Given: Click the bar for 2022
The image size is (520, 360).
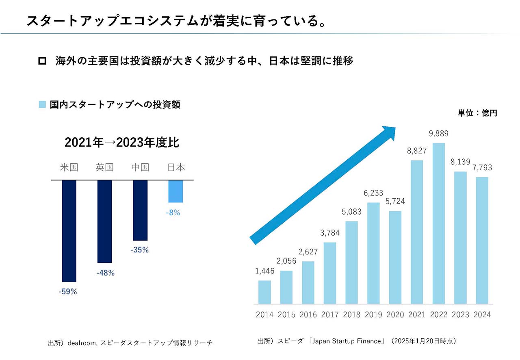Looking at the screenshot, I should point(438,223).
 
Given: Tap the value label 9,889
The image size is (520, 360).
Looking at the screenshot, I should point(438,134).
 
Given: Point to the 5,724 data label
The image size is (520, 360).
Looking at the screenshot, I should point(395,201).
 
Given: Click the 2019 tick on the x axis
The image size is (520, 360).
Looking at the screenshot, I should point(373,314).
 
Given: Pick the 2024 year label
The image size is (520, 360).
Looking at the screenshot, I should point(482,314).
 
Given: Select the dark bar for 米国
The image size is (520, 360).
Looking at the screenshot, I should point(69,231).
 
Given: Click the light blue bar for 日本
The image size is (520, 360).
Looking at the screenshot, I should point(176,191).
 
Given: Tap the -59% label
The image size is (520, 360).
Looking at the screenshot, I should point(67,291).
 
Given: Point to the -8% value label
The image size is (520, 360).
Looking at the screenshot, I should point(173,213).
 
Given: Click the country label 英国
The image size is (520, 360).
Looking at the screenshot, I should point(104,167).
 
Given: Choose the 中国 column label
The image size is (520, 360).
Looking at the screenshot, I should point(140,167).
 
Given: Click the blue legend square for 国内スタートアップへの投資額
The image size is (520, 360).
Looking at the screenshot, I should point(42,105).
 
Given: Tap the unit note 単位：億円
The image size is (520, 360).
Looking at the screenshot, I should point(477,113).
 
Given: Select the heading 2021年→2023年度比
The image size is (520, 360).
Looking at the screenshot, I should point(122,143).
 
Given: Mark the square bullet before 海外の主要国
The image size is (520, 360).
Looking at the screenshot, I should point(42,61).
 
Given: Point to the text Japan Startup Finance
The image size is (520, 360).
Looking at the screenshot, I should point(346,341).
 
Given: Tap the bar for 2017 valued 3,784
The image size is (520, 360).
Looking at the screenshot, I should point(330,273).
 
